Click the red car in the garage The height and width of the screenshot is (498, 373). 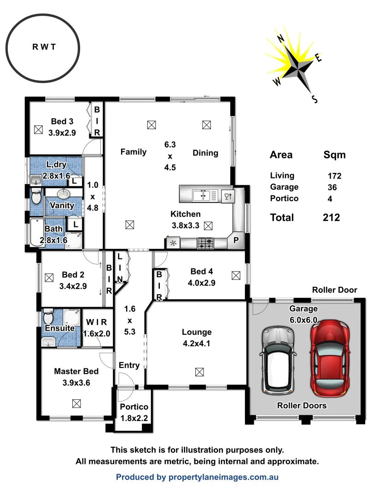tap(330, 358)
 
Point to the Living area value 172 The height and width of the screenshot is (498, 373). tap(334, 176)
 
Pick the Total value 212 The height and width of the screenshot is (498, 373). tap(332, 218)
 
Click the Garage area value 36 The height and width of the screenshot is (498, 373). tap(332, 187)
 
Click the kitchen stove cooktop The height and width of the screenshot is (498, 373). tap(205, 243)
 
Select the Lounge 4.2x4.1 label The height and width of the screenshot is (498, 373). tap(197, 337)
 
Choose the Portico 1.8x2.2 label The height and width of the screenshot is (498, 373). tap(134, 413)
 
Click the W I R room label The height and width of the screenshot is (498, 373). tap(97, 321)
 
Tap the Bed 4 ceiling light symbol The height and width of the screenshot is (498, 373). tap(236, 275)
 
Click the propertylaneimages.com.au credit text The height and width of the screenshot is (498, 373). tap(197, 477)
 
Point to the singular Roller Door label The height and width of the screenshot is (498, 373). tap(334, 290)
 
